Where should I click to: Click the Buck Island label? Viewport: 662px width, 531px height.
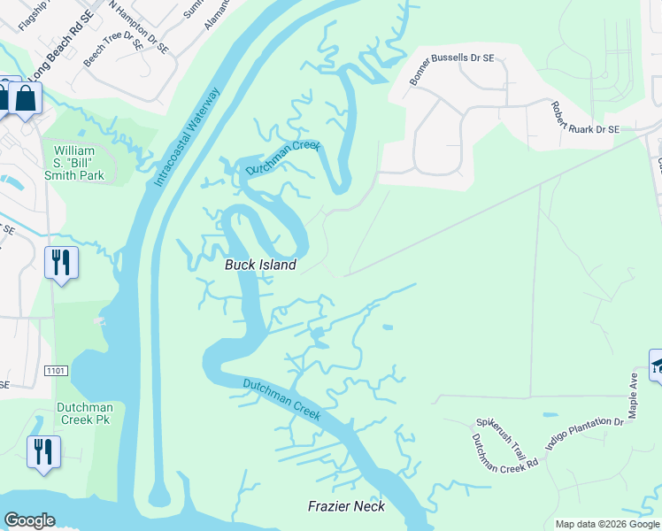(260, 265)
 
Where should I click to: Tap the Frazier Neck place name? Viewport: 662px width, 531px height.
(346, 506)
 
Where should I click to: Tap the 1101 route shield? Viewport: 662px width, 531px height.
(55, 371)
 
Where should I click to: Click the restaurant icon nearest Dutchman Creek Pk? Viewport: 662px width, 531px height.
(42, 451)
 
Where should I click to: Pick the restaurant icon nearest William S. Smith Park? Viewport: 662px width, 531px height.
(61, 263)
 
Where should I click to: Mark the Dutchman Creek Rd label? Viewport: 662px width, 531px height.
(504, 453)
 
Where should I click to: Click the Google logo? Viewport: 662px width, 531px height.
(29, 520)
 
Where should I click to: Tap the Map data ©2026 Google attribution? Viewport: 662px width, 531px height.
(607, 524)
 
